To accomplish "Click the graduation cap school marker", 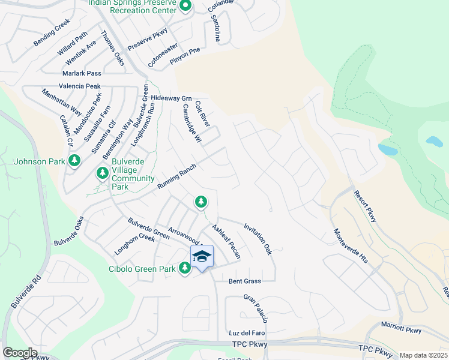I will pyautogui.click(x=202, y=257).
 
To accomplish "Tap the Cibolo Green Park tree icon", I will pyautogui.click(x=185, y=268).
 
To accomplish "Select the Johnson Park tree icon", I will pyautogui.click(x=74, y=161).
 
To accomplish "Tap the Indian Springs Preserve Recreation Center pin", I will pyautogui.click(x=185, y=7).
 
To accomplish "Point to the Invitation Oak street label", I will pyautogui.click(x=258, y=239).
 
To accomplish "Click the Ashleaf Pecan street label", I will pyautogui.click(x=227, y=242).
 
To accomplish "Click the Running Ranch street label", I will pyautogui.click(x=176, y=178).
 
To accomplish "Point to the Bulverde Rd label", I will pyautogui.click(x=25, y=292).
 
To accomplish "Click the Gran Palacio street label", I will pyautogui.click(x=255, y=308).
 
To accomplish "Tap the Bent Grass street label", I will pyautogui.click(x=245, y=281).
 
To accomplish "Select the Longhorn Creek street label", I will pyautogui.click(x=134, y=247).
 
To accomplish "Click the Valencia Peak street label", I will pyautogui.click(x=80, y=86).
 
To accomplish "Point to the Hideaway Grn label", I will pyautogui.click(x=171, y=98).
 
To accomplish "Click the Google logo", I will pyautogui.click(x=20, y=353).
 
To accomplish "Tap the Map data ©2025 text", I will pyautogui.click(x=424, y=355).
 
